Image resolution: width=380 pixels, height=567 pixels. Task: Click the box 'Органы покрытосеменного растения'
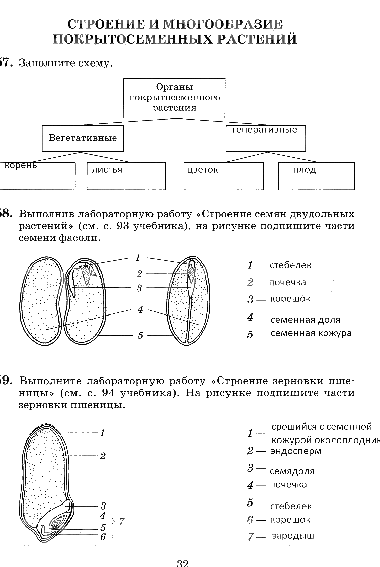coord(174,97)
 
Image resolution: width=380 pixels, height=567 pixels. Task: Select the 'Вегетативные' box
coord(83,138)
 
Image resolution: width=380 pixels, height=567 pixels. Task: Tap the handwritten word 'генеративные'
coord(265,130)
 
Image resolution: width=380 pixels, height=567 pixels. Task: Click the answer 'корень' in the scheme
coord(21,165)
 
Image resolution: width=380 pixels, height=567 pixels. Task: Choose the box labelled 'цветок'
coord(223,175)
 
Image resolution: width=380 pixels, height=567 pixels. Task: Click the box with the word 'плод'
coord(316,175)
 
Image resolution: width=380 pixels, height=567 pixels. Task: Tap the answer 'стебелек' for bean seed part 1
coord(290,265)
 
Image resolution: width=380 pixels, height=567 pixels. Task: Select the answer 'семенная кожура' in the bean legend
coord(311,333)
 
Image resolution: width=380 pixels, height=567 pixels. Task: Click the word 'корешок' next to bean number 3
coord(290,299)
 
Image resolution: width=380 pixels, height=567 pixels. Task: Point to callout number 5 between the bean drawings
coord(140,335)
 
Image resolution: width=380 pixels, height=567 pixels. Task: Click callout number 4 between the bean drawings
coord(140,309)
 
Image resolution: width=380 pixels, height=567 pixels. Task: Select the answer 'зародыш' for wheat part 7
coord(293,536)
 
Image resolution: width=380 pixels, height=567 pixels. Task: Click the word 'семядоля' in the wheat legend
coord(292,471)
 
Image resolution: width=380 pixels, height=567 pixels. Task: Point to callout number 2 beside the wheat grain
coord(103,456)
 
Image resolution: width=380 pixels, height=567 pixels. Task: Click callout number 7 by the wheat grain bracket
coord(121,522)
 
